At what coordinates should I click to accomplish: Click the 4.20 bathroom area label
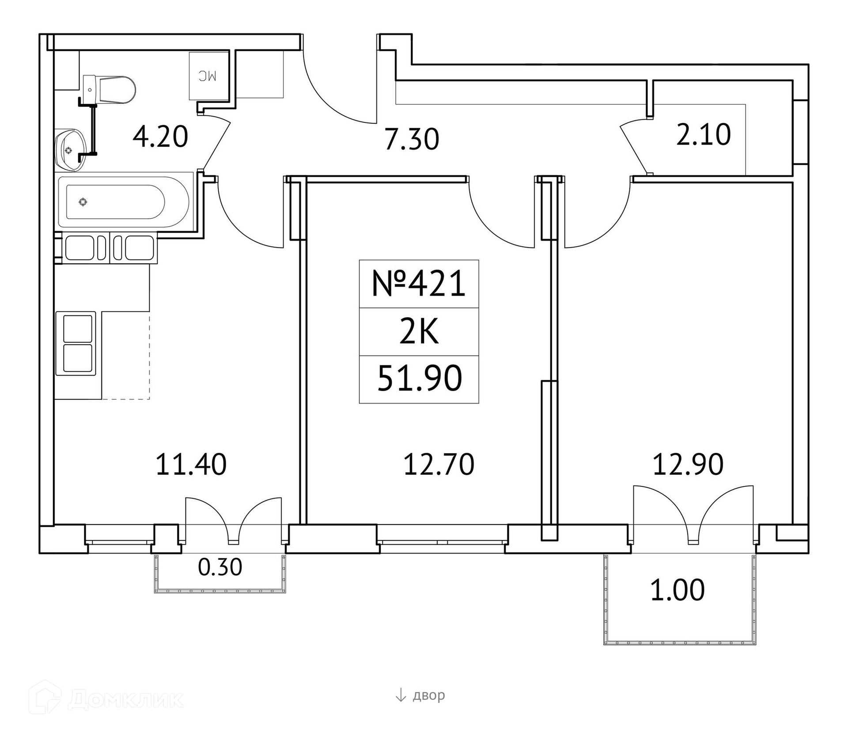pyautogui.click(x=160, y=137)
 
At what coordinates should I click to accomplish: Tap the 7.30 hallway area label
pyautogui.click(x=412, y=139)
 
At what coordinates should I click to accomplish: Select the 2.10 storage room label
pyautogui.click(x=704, y=135)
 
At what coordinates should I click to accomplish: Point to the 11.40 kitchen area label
pyautogui.click(x=191, y=464)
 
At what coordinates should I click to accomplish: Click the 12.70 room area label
pyautogui.click(x=439, y=464)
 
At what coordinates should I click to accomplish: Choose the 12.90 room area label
pyautogui.click(x=688, y=464)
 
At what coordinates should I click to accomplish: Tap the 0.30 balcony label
pyautogui.click(x=220, y=567)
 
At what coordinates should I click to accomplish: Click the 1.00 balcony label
pyautogui.click(x=678, y=591)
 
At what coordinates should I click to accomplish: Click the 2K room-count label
pyautogui.click(x=419, y=333)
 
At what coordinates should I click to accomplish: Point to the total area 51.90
pyautogui.click(x=420, y=379)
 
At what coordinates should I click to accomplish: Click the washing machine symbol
pyautogui.click(x=208, y=76)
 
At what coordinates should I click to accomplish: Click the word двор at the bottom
pyautogui.click(x=429, y=695)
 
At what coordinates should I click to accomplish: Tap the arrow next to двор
pyautogui.click(x=400, y=695)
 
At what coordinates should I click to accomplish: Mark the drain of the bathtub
pyautogui.click(x=83, y=202)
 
